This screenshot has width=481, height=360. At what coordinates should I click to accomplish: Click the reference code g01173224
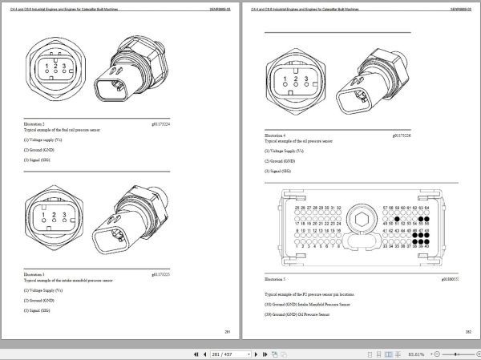click(x=206, y=123)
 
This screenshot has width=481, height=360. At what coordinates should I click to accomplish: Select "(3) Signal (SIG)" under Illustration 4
click(x=279, y=171)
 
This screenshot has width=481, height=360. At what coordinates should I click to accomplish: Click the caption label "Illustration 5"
click(x=275, y=279)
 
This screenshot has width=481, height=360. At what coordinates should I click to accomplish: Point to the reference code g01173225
click(x=206, y=275)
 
